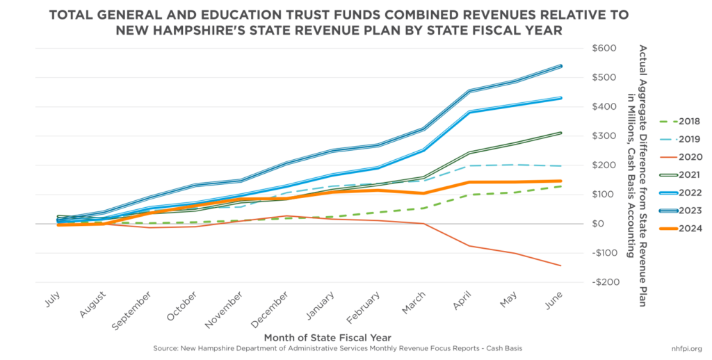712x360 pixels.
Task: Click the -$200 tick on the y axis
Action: click(x=600, y=283)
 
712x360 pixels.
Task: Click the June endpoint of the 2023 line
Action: click(x=560, y=66)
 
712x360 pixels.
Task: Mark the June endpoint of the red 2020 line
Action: click(x=560, y=265)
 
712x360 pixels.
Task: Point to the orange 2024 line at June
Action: click(x=560, y=181)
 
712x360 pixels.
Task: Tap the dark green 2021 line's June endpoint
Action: click(x=560, y=133)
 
